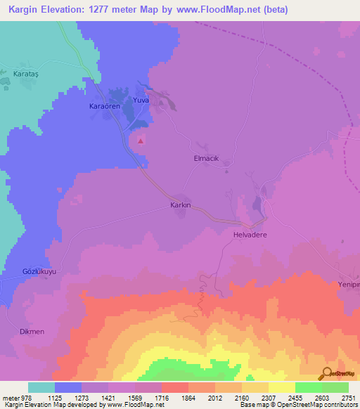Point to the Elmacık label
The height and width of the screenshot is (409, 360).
point(207,159)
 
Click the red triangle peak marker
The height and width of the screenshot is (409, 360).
point(141,140)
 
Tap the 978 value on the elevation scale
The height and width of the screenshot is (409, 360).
point(21,398)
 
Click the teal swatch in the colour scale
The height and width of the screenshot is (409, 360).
point(41,387)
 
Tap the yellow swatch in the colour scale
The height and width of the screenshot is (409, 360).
point(282,387)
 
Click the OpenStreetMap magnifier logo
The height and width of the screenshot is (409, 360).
point(326,375)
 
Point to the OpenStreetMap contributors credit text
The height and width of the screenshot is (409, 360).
point(319,405)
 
